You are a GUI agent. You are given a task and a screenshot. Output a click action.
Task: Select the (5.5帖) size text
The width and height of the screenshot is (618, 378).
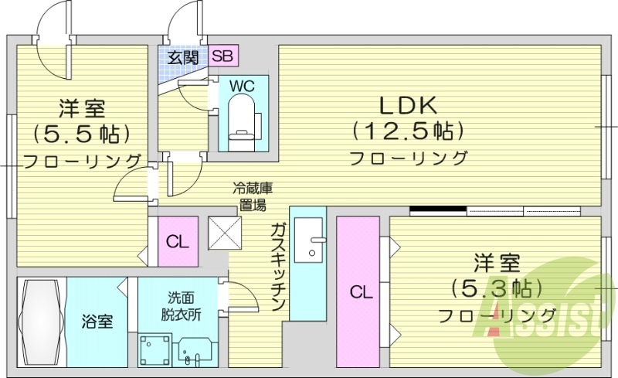pos(80,133)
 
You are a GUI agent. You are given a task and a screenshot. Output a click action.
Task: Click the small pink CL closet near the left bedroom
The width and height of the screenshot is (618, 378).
pos(177,241)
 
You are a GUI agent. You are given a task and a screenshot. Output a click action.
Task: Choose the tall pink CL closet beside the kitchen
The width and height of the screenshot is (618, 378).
pos(358,292)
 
